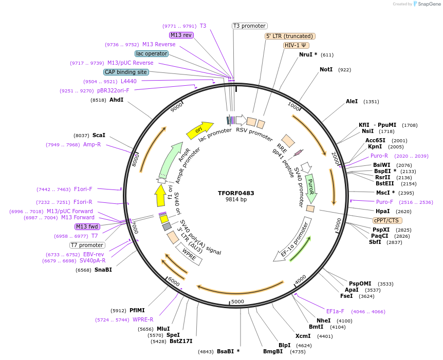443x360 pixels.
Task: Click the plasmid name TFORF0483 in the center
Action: [236, 193]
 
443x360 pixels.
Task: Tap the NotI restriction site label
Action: [326, 69]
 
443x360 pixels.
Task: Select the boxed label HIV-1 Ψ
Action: [296, 45]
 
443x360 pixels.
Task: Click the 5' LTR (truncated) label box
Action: [290, 36]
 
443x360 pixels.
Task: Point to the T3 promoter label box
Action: [249, 26]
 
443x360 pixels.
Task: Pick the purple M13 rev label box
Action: [181, 35]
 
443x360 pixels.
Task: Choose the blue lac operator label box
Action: [152, 53]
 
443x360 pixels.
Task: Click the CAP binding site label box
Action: [126, 72]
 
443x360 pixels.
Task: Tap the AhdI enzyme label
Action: [116, 100]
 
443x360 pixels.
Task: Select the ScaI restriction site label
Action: [99, 135]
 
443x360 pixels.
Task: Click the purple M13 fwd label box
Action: [87, 226]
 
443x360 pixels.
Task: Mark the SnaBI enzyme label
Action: [103, 270]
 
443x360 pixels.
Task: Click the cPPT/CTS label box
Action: [386, 220]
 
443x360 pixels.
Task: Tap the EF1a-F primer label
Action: [335, 311]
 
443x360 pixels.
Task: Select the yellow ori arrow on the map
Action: [200, 130]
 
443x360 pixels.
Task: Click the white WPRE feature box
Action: [189, 254]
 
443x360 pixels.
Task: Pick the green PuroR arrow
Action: [310, 187]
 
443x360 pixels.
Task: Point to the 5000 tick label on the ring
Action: [237, 301]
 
